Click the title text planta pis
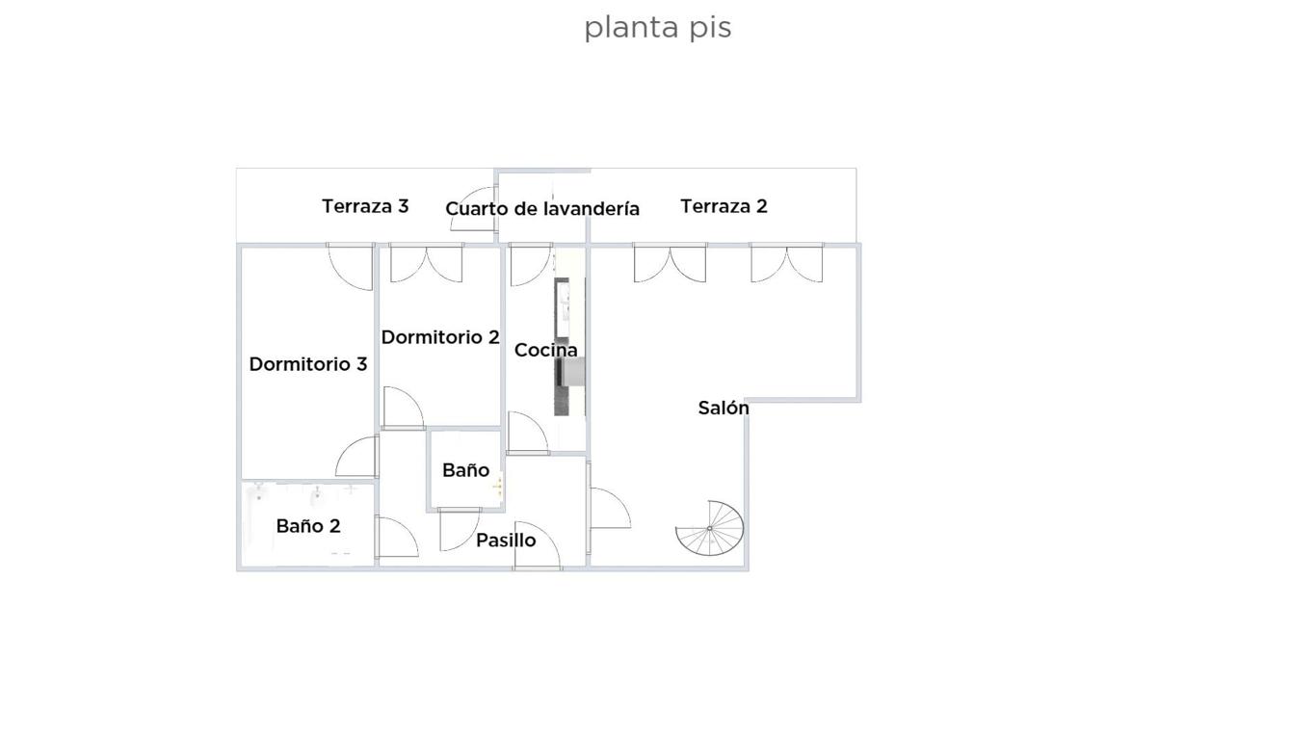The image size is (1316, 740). coord(657,28)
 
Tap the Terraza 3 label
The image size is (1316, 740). coord(365,206)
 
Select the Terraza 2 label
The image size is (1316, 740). coord(724,206)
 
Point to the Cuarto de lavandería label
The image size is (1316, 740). coord(542,209)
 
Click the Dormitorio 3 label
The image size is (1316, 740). coord(308,364)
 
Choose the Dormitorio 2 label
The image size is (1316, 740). coord(440,337)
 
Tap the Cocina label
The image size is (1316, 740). coord(546,351)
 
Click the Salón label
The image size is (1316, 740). coord(724,408)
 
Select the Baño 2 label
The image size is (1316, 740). coord(308,526)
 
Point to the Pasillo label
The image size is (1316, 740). coord(506,541)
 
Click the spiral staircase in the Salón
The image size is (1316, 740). coord(710,528)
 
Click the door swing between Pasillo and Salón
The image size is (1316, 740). coord(611,508)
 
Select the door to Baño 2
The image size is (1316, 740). coord(397,537)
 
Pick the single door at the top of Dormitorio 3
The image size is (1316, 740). coord(350,267)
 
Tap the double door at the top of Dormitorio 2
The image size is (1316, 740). coord(427,263)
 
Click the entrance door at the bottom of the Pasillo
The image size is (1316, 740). coord(538,544)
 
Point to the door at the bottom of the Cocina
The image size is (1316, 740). coord(528,433)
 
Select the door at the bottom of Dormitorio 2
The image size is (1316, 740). coord(404,408)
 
